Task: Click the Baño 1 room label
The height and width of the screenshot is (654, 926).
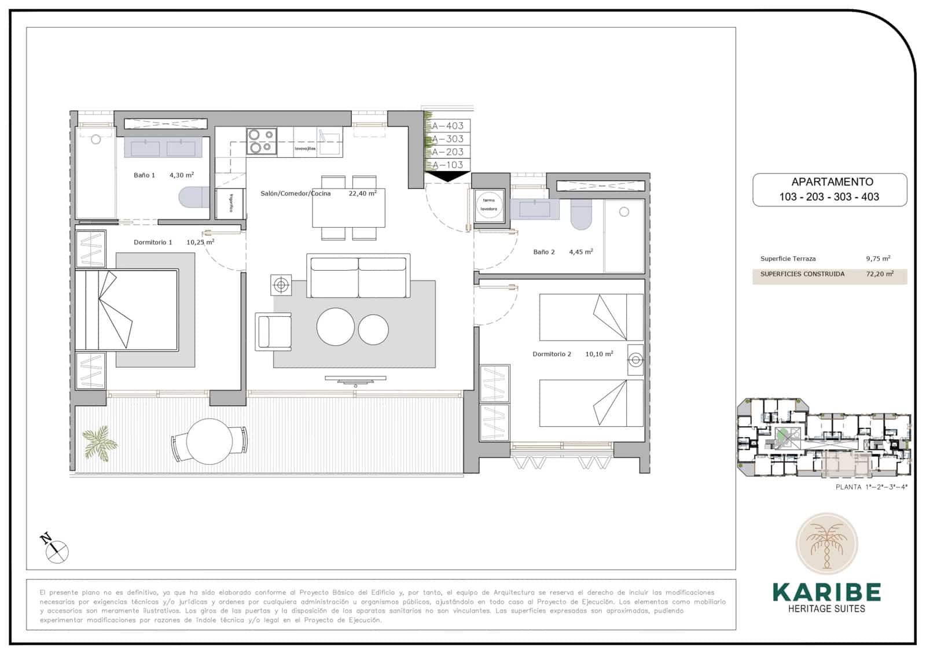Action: (x=144, y=175)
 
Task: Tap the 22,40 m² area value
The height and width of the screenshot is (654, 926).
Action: (x=362, y=194)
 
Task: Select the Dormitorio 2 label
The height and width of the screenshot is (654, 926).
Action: (x=552, y=354)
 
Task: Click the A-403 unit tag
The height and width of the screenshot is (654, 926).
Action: (x=448, y=125)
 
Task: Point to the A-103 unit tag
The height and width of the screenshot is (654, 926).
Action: (x=448, y=165)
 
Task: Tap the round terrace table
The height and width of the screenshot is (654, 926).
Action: (x=209, y=440)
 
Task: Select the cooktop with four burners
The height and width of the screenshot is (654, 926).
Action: (x=260, y=141)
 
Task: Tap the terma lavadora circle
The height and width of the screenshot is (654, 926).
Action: (x=489, y=205)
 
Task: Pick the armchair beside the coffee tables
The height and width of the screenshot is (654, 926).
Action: (x=274, y=331)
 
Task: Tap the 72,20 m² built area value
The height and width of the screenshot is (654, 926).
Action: (x=880, y=274)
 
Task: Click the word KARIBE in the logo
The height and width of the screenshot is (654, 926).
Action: (x=826, y=592)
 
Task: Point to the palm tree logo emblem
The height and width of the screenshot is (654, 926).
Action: (x=826, y=544)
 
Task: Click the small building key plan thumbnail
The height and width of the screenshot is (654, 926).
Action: (x=824, y=438)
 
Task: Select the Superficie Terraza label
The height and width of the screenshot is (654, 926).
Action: (x=788, y=259)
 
